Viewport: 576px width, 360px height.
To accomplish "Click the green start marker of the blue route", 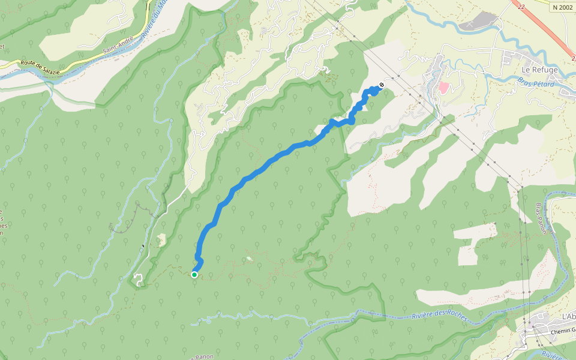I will click(194, 275).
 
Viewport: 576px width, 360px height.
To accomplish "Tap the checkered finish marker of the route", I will click(382, 85).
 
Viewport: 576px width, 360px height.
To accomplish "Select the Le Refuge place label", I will click(540, 70).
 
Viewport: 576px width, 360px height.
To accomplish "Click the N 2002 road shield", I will click(562, 7).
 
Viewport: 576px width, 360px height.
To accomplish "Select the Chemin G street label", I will click(562, 331).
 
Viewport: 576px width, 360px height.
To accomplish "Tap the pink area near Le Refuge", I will click(443, 88).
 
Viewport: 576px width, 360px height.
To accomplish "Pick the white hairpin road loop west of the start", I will click(139, 279).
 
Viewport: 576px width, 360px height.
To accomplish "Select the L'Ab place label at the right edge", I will click(568, 316).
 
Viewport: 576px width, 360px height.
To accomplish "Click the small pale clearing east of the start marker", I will click(249, 259).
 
